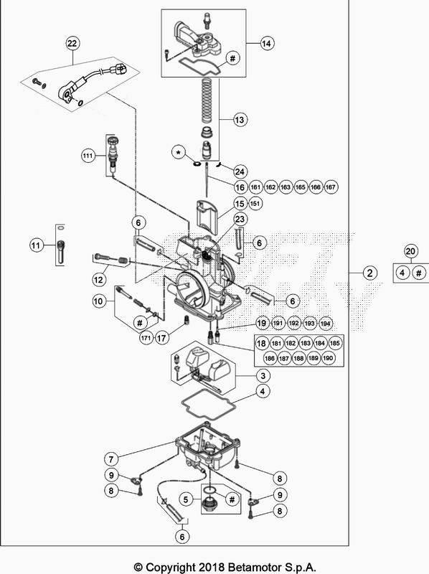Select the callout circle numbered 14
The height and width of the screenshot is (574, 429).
pos(267,44)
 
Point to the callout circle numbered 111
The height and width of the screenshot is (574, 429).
pos(88,156)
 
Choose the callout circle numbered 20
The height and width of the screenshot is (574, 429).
pos(410,251)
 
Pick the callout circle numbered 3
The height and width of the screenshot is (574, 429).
pos(265,376)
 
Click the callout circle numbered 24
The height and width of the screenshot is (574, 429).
pos(240,171)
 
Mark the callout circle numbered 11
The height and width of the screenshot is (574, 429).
pos(35,246)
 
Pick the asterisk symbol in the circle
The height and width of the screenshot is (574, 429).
pos(177,153)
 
